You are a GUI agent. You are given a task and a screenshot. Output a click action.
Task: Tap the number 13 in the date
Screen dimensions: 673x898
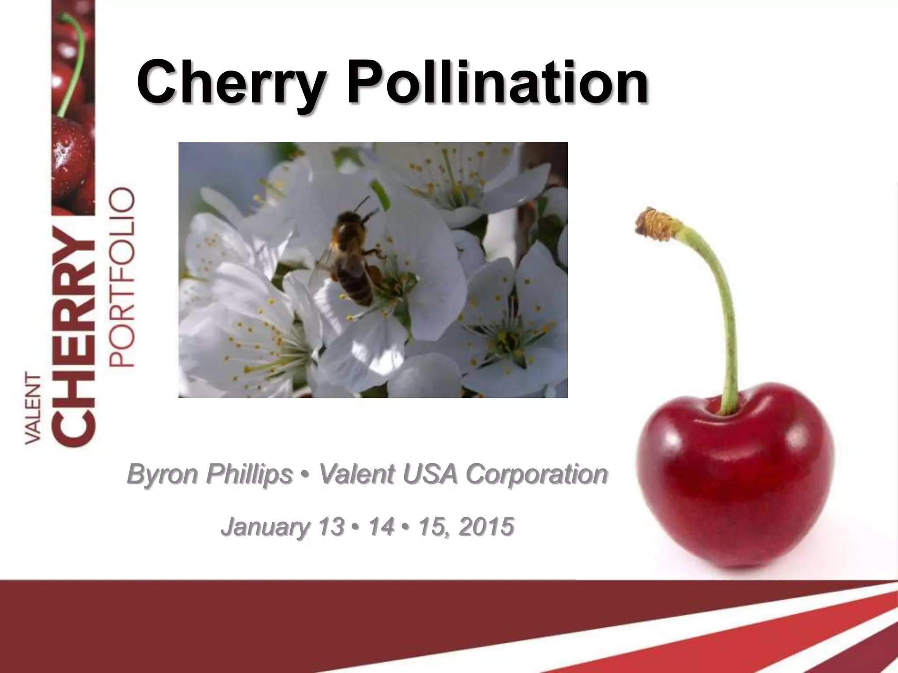(x=331, y=526)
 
